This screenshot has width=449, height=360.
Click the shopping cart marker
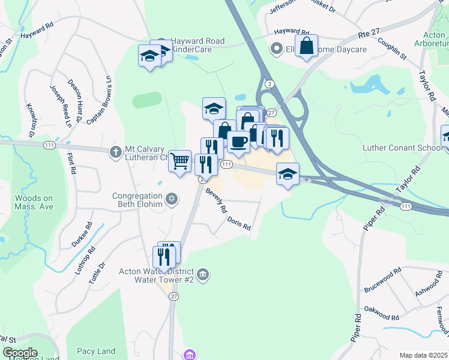(180, 161)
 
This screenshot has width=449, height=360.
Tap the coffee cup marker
(238, 141)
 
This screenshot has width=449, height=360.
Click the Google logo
(19, 353)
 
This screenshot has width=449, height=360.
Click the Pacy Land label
(95, 351)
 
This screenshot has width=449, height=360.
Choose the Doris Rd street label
(238, 223)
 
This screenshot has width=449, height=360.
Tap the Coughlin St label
(392, 48)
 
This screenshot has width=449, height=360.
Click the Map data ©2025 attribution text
(424, 355)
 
